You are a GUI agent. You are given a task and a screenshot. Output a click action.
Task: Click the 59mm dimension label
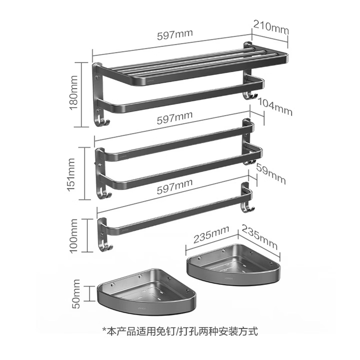(x=270, y=174)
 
